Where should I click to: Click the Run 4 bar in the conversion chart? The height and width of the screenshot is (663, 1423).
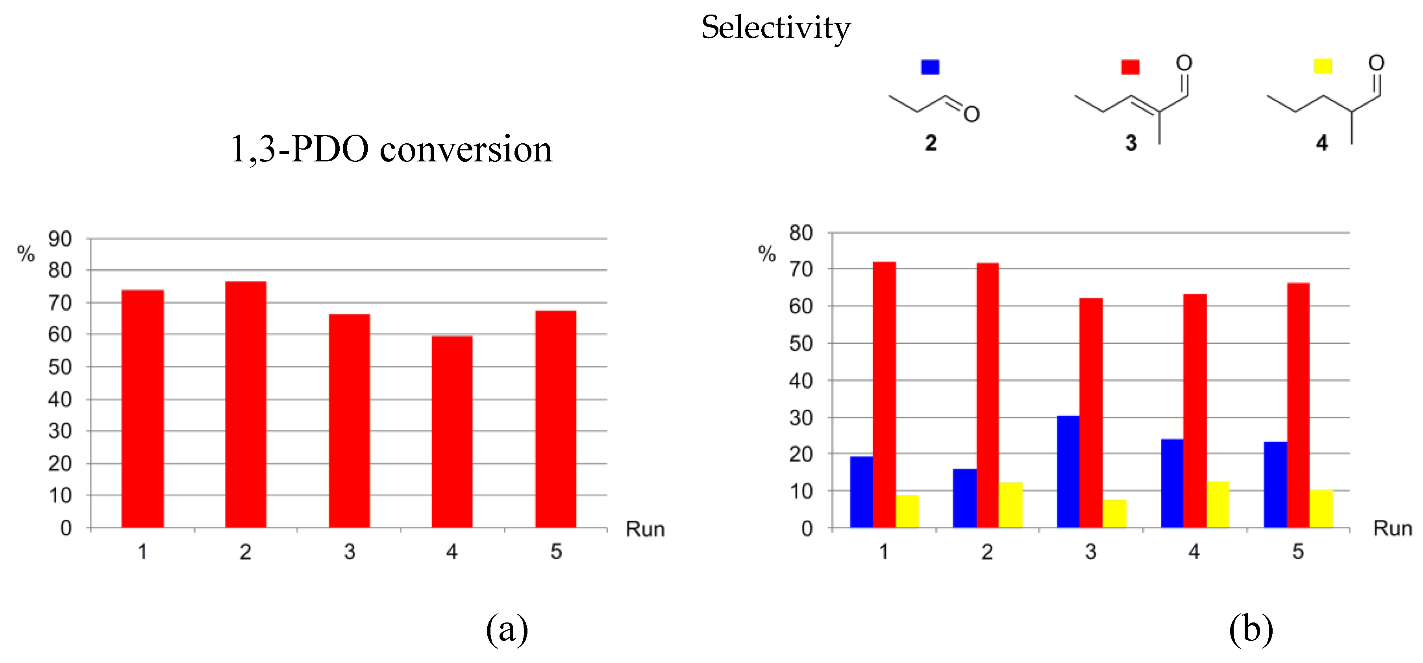[x=452, y=432]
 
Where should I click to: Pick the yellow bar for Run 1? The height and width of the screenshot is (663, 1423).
[x=907, y=511]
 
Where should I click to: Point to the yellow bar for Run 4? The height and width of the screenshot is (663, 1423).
[x=1218, y=504]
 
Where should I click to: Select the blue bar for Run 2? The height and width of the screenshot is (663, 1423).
[x=964, y=498]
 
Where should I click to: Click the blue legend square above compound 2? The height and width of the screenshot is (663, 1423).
[x=930, y=67]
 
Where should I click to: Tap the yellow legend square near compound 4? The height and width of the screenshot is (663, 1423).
[x=1323, y=66]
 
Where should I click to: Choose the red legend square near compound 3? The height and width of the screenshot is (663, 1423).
[x=1130, y=67]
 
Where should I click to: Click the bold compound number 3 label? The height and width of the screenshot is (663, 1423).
[x=1131, y=143]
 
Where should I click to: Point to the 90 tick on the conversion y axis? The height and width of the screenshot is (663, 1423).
[x=60, y=239]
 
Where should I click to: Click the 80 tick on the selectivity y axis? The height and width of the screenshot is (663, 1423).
[x=801, y=233]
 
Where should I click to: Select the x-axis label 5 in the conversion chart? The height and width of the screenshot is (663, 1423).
[x=556, y=552]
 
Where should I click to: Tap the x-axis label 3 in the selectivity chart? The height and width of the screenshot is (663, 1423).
[x=1090, y=552]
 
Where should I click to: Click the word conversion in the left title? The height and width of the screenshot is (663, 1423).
[x=466, y=149]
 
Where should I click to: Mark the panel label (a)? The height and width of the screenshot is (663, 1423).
[x=507, y=629]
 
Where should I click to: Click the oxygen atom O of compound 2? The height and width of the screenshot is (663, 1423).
[x=971, y=114]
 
